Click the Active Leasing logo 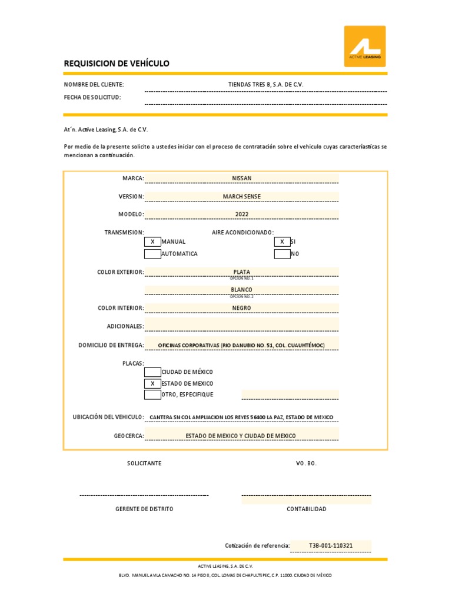[365, 47]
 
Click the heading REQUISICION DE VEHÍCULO [117, 64]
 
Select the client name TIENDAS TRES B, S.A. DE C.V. [265, 85]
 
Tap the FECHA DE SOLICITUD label [92, 97]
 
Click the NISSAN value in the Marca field [241, 178]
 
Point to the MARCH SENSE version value [241, 196]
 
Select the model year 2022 [241, 214]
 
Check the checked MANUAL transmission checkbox [152, 241]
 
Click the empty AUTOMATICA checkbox [152, 254]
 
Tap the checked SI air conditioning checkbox [282, 241]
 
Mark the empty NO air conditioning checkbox [282, 254]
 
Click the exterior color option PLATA [241, 272]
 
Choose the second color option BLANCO [241, 290]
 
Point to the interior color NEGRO [241, 308]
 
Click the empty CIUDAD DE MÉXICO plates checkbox [152, 372]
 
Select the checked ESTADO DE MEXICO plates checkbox [152, 383]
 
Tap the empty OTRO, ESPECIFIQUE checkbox [152, 395]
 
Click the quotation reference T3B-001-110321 [331, 545]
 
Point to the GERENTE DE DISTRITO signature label [144, 509]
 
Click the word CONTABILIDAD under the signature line [306, 509]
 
